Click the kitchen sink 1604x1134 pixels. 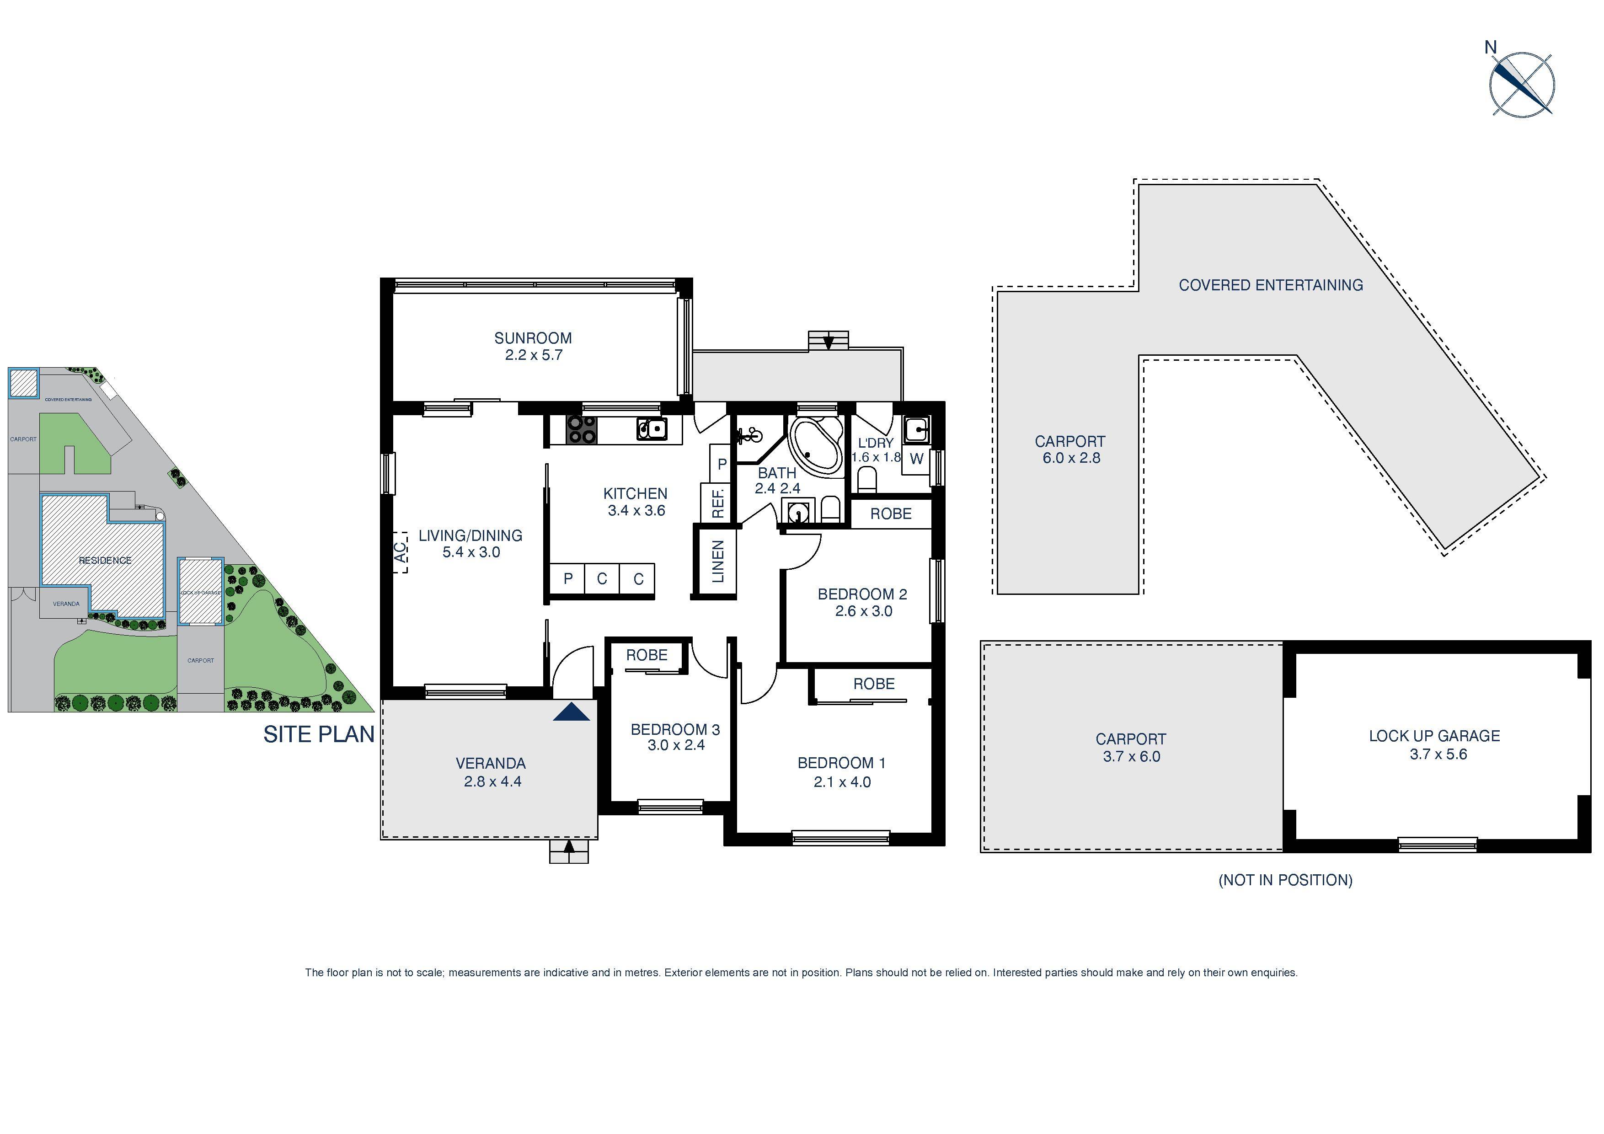point(651,428)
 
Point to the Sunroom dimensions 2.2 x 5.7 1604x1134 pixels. point(533,355)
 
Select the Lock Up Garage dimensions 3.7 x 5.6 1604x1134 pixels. point(1438,754)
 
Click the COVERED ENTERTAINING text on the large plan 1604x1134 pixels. point(1270,285)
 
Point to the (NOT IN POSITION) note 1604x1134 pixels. point(1285,880)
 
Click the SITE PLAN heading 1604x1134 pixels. point(319,734)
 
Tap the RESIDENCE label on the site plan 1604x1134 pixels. point(105,560)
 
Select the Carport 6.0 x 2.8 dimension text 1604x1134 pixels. point(1071,458)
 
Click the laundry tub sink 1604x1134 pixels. point(915,429)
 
